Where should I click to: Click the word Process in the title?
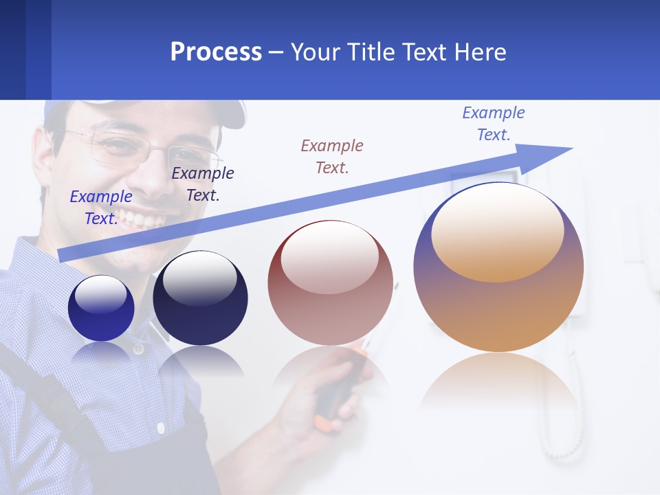click(216, 52)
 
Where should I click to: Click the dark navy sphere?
click(200, 298)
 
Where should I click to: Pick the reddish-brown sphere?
click(330, 283)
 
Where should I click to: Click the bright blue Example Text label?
click(101, 208)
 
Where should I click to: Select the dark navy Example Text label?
click(203, 184)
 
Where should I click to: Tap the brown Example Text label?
click(332, 157)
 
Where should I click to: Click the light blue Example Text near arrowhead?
click(494, 124)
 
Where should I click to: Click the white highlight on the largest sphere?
click(497, 230)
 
